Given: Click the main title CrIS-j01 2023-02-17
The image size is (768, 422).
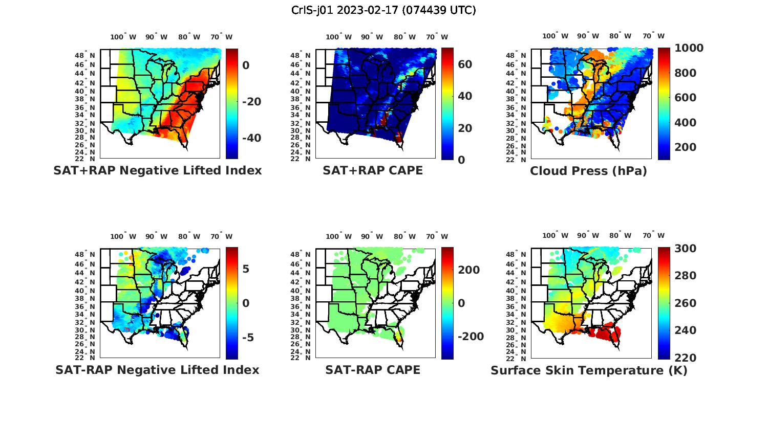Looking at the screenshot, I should click(383, 10).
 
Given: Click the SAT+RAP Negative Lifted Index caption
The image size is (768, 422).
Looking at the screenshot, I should click(157, 170).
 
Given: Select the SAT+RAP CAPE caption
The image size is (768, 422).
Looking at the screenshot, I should click(373, 170).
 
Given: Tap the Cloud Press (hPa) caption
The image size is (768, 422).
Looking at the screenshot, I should click(588, 171).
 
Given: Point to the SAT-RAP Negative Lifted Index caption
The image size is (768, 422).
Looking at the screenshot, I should click(157, 370).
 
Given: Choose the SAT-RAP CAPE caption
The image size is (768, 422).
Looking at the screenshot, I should click(373, 370).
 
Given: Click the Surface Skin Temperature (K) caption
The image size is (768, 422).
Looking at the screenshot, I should click(589, 370).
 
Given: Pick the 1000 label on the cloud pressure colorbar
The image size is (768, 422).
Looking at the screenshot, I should click(689, 48).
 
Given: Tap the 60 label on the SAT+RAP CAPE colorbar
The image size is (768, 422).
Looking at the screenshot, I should click(465, 64).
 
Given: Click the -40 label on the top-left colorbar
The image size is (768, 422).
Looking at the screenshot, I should click(251, 138).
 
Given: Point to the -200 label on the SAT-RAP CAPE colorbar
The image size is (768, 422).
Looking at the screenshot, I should click(471, 336).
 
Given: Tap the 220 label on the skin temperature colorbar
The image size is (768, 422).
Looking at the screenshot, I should click(685, 358).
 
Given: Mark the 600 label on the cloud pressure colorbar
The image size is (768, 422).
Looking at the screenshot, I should click(685, 98).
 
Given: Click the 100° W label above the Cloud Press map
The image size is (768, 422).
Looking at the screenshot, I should click(555, 36).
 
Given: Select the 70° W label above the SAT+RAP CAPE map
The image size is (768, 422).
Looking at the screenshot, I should click(437, 37).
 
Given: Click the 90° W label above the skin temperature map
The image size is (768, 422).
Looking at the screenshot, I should click(588, 235).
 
